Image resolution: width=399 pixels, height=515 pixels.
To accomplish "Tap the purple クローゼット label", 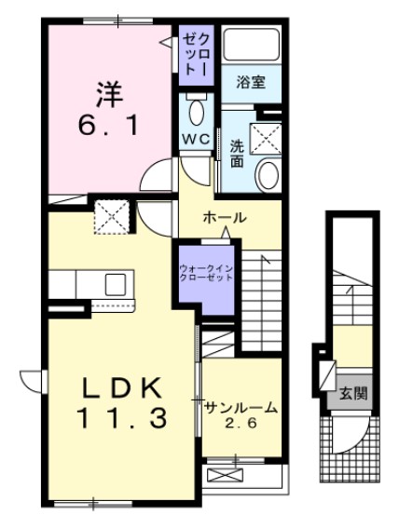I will point(194,53).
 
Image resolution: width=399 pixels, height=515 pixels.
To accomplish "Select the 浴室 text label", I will point(250,82).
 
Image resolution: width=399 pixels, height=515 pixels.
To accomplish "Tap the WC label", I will point(195,139).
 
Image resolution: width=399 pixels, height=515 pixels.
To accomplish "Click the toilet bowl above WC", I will point(196,113).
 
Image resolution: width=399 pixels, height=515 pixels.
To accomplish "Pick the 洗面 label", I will point(237,153).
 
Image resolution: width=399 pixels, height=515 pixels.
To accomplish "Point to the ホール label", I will point(224,218).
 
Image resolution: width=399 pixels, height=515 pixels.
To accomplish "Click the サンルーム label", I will point(241,407).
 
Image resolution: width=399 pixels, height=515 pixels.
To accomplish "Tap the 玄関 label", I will point(352,393).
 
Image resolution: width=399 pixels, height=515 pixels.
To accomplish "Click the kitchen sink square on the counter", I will point(117,283).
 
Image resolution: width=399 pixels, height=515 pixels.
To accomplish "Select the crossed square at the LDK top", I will point(116,216).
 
